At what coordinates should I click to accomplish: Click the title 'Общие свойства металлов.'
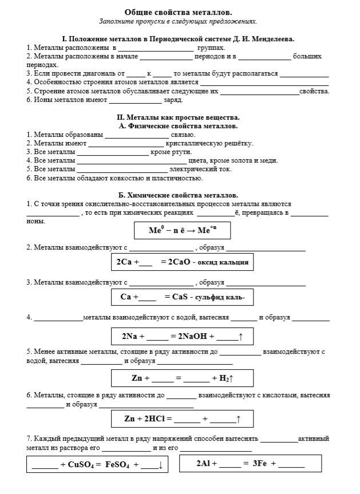click(178, 12)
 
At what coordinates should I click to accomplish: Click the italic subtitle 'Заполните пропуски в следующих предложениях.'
click(178, 21)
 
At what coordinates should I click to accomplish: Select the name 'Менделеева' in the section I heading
click(269, 39)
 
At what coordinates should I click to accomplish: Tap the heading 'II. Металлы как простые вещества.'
click(178, 117)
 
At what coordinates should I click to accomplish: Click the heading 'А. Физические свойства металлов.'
click(178, 126)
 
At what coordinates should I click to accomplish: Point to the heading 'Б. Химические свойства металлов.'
click(178, 195)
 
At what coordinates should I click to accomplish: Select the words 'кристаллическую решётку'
click(209, 143)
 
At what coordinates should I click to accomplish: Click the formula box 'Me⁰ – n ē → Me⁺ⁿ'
click(182, 230)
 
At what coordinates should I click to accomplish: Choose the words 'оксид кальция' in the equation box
click(223, 262)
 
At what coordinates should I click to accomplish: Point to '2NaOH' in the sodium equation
click(193, 337)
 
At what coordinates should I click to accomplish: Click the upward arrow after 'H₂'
click(232, 378)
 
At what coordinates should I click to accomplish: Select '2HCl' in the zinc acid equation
click(152, 419)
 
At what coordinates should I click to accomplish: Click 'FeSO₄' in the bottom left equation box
click(117, 464)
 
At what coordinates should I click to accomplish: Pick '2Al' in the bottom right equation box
click(204, 463)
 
